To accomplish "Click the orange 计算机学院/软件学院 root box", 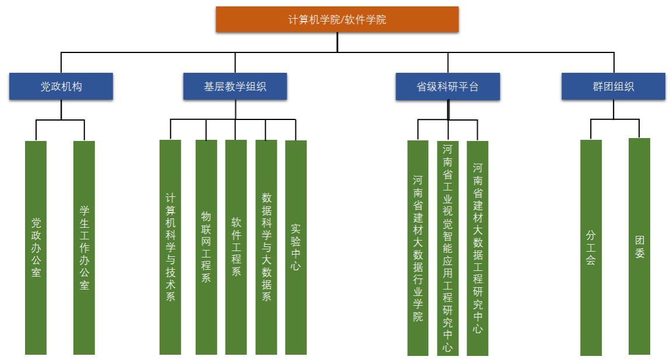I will click(337, 19).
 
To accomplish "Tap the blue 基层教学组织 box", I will click(235, 87).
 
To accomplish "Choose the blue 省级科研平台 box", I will click(447, 87).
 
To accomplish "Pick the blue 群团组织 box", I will click(613, 86).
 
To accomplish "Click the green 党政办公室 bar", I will click(36, 248).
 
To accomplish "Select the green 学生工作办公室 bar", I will click(84, 248).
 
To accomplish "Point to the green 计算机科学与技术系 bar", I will click(170, 247).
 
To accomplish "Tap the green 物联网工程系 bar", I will click(206, 247).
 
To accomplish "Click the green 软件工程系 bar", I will click(236, 247).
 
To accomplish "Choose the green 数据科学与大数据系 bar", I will click(266, 247).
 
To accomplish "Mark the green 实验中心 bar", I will click(296, 247).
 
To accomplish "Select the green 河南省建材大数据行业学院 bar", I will click(418, 248).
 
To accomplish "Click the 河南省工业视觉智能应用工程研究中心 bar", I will click(447, 248).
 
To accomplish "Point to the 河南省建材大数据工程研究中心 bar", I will click(478, 248).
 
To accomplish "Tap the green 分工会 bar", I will click(591, 248).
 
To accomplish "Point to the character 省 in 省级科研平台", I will click(421, 87).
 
